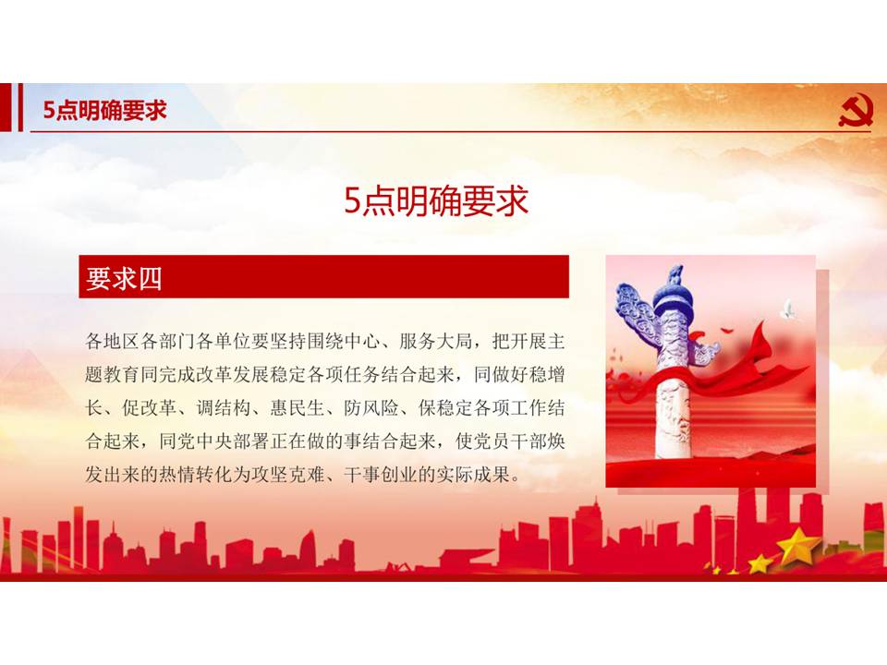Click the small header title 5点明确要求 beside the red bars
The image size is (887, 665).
pos(105,110)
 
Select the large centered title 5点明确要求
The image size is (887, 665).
pos(436,200)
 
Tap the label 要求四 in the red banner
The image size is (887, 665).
pos(124,278)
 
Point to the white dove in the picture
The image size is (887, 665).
pos(788,308)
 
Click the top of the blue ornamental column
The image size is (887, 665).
pos(674,275)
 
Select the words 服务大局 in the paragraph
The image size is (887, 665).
pos(436,342)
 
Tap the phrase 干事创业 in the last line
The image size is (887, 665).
pos(381,474)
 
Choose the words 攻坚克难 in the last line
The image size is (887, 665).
pos(288,474)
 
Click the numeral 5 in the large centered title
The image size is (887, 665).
pos(352,201)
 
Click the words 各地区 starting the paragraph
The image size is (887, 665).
pos(113,342)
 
